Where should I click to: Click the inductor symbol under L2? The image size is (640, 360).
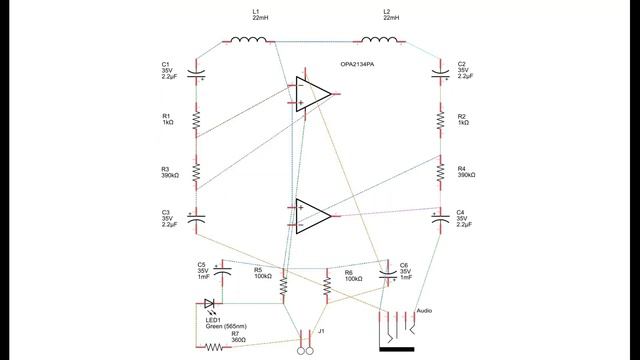pyautogui.click(x=382, y=41)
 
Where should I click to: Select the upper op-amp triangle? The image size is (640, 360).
pyautogui.click(x=312, y=94)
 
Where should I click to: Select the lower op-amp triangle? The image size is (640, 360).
pyautogui.click(x=312, y=215)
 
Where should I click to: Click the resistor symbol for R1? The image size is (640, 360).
pyautogui.click(x=197, y=120)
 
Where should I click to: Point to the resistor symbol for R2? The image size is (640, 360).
pyautogui.click(x=440, y=120)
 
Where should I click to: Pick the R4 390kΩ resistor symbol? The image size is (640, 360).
pyautogui.click(x=440, y=172)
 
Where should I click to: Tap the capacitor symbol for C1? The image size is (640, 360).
pyautogui.click(x=197, y=72)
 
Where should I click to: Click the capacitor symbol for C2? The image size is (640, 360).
pyautogui.click(x=440, y=72)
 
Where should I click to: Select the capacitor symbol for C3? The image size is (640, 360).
pyautogui.click(x=197, y=216)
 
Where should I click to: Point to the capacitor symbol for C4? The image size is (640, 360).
pyautogui.click(x=440, y=216)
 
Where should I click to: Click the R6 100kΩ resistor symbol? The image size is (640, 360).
pyautogui.click(x=326, y=287)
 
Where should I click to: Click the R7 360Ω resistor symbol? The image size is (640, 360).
pyautogui.click(x=213, y=347)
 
